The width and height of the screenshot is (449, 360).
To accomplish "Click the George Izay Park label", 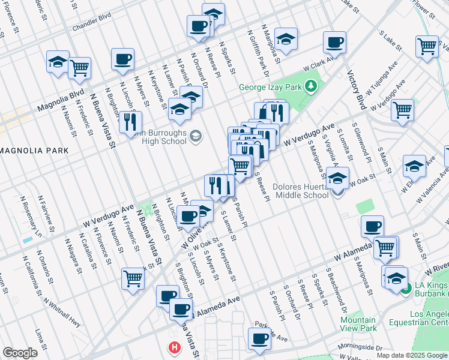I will (270, 87).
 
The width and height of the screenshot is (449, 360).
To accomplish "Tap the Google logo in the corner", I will (20, 352).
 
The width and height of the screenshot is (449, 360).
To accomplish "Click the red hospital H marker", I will (175, 347).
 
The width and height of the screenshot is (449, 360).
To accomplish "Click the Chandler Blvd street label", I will (92, 28).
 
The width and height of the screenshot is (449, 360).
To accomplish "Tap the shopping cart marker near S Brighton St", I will (133, 277).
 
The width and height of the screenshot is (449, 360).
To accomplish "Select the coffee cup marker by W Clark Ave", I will (334, 42).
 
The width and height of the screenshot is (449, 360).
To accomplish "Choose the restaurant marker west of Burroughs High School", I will (130, 122).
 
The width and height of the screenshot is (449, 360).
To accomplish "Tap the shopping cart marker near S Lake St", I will (427, 46).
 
